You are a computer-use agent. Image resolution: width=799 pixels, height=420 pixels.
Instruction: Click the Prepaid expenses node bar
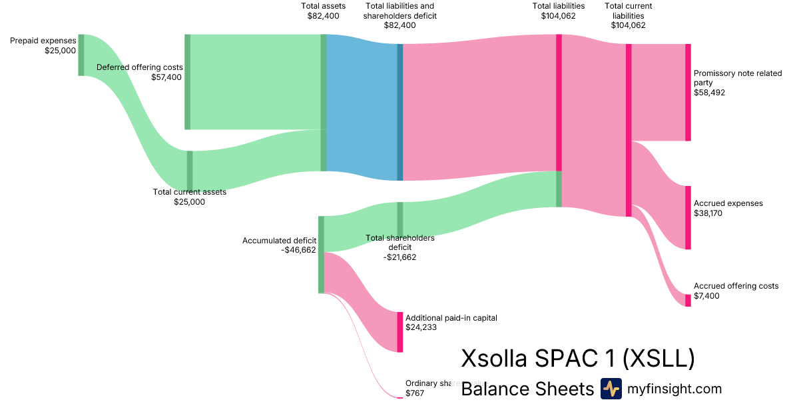(x=81, y=55)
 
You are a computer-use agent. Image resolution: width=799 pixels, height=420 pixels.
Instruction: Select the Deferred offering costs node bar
(x=188, y=81)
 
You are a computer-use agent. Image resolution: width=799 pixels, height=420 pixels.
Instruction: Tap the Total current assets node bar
(x=190, y=171)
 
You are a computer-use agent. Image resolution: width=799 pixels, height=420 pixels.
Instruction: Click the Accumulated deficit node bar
(x=321, y=255)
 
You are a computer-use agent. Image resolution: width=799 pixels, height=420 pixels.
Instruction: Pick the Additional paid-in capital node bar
(x=400, y=332)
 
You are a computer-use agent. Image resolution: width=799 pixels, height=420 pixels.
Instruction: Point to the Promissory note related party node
(x=688, y=93)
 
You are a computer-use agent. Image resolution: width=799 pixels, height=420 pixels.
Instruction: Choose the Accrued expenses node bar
(x=688, y=218)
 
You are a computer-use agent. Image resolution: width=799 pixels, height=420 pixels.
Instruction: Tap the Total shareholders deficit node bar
(x=400, y=219)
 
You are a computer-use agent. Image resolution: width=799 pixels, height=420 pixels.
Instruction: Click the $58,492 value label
(x=709, y=93)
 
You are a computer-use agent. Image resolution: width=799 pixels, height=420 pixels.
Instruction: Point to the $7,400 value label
(x=706, y=296)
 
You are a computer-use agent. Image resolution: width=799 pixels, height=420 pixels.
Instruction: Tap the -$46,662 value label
(x=298, y=251)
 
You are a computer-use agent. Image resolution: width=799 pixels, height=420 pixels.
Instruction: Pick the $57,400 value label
(x=166, y=77)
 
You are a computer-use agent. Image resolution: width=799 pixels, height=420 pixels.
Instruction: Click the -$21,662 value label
(x=400, y=257)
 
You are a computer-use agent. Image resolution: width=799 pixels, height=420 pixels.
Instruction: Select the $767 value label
(x=415, y=393)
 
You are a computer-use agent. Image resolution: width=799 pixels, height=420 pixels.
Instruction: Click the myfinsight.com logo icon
(x=611, y=389)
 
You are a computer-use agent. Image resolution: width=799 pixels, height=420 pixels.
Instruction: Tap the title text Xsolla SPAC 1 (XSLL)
(x=578, y=359)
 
